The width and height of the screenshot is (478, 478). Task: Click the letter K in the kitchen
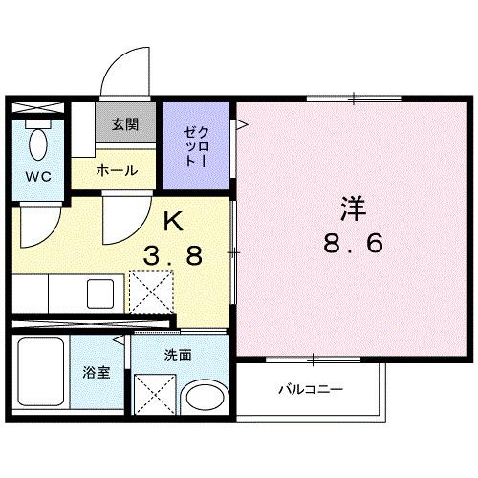pos(173,221)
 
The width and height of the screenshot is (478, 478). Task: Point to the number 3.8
pos(173,255)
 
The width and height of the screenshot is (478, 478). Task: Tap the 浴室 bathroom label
pos(98,372)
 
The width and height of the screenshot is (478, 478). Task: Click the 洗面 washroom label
pos(178,355)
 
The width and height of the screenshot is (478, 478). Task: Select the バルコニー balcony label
pos(311,389)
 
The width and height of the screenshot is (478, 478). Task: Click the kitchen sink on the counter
pos(99,293)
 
